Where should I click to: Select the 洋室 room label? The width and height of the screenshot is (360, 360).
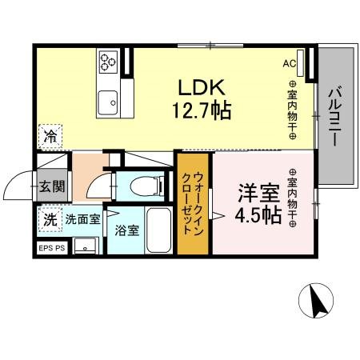point(258,194)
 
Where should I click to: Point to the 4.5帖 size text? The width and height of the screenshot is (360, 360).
point(258,215)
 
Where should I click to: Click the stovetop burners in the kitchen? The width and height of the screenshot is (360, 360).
point(108,60)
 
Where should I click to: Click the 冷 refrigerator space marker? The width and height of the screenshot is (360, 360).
point(50,136)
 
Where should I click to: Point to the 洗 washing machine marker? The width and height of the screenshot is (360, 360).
point(49,218)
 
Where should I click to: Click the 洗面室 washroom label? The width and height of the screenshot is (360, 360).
point(82,218)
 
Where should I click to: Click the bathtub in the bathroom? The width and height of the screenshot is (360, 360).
point(157,230)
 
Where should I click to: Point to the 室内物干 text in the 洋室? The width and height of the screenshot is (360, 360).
point(293,198)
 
